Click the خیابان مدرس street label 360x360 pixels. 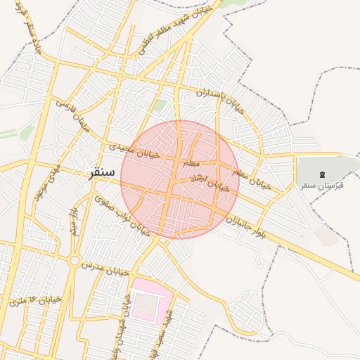(x=105, y=266)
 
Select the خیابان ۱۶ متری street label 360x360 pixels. (x=34, y=300)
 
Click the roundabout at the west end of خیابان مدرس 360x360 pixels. (x=74, y=261)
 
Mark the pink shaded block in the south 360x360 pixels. (x=150, y=299)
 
